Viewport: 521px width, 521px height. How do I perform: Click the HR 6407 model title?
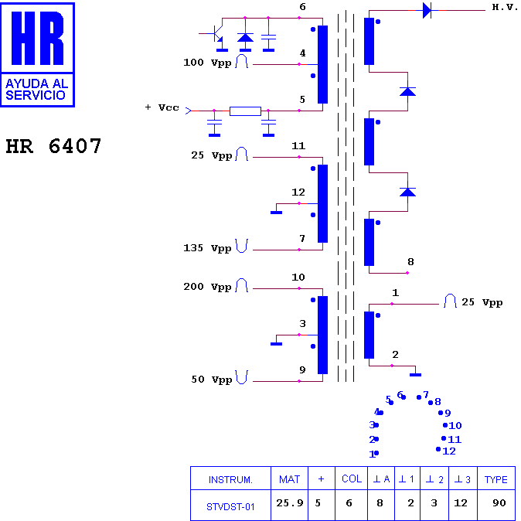[53, 146]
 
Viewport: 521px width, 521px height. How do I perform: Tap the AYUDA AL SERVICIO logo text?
[36, 90]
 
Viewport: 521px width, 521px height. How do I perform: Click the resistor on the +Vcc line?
[245, 111]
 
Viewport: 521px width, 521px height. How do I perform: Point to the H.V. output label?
[505, 7]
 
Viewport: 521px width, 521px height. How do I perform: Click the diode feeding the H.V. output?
[427, 10]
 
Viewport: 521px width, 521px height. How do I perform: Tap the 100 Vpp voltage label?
[207, 63]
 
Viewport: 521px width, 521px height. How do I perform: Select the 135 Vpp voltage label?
[207, 248]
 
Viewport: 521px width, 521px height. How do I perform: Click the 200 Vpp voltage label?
[207, 287]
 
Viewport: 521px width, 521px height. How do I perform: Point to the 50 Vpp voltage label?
[211, 380]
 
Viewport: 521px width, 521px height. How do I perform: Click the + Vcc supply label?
[162, 107]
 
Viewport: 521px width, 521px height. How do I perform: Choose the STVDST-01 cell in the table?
[230, 507]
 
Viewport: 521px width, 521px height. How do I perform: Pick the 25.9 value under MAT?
[290, 503]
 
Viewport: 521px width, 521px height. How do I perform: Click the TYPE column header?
[495, 479]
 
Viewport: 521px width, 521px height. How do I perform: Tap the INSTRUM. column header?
[230, 480]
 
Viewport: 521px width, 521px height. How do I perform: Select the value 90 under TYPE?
[499, 503]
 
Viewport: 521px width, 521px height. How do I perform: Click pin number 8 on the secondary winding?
[410, 262]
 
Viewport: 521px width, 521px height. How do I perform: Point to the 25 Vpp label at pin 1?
[482, 302]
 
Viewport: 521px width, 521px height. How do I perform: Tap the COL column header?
[352, 478]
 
